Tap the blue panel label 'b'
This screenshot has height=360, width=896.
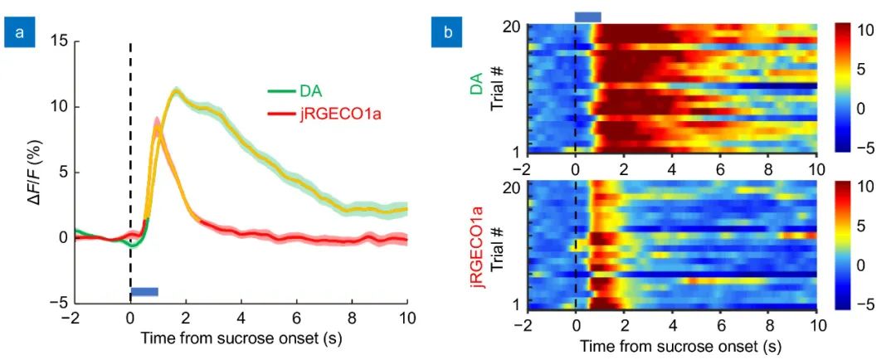[448, 33]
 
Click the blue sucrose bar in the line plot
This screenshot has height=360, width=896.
[144, 291]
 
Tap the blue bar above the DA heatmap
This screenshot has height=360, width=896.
[587, 17]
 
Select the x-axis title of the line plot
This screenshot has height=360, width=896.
[241, 338]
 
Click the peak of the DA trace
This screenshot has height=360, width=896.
[175, 90]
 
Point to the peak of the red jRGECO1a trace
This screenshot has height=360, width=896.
[157, 122]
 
